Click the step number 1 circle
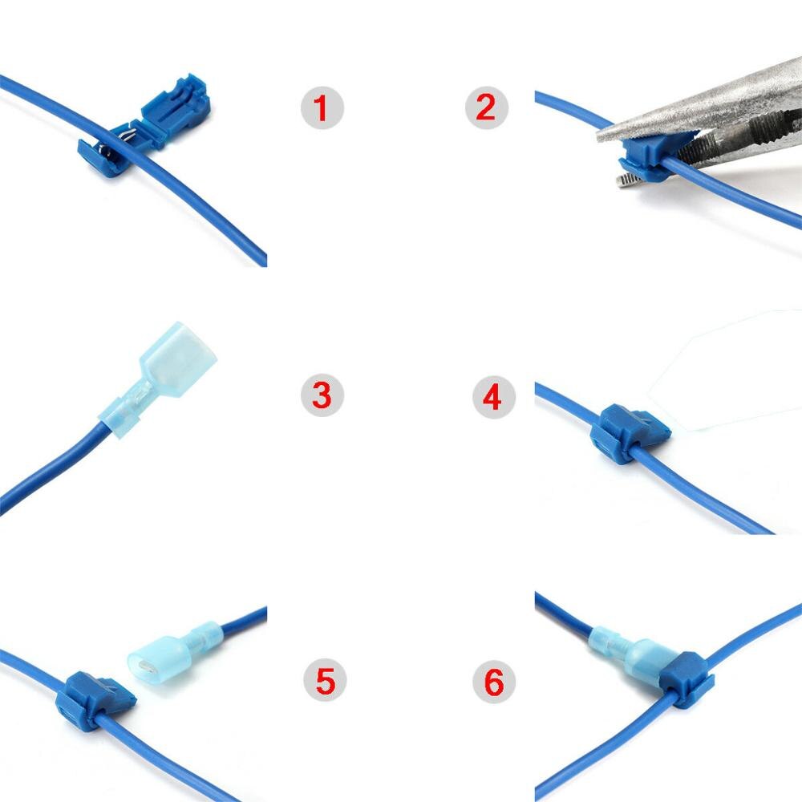click(322, 107)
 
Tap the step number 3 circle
click(322, 395)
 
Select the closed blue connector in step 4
click(626, 433)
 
